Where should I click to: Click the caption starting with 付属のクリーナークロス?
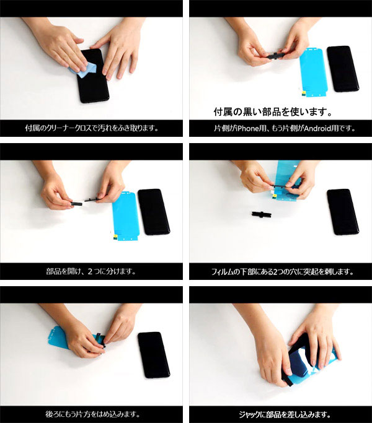click(x=92, y=129)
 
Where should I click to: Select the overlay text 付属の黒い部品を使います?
click(x=273, y=113)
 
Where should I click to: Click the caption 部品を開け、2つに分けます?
click(x=91, y=271)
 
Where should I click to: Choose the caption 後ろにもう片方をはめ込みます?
click(x=92, y=414)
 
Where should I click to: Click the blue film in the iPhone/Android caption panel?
click(x=312, y=72)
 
